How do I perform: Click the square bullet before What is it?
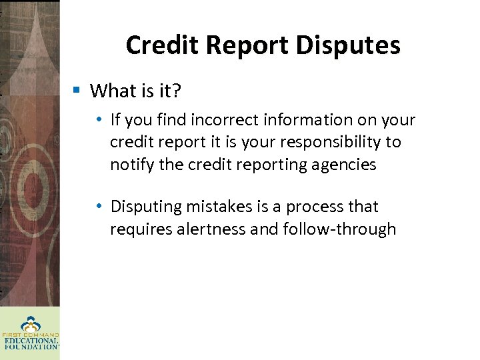tap(77, 89)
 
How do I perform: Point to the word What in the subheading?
tap(111, 90)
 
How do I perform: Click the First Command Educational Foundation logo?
tap(29, 333)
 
